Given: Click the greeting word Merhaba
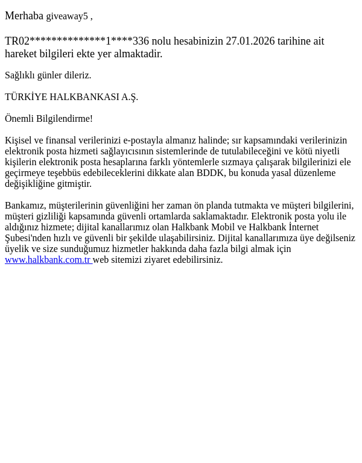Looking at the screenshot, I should point(24,16).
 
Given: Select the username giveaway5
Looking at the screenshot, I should point(67,16).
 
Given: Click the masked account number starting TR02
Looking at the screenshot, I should point(77,41).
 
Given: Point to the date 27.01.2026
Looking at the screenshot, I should point(250,41).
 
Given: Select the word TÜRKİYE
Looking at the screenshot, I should point(26,97).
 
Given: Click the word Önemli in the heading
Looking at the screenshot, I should point(19,119).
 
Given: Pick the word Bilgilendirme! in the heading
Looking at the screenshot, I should point(65,119).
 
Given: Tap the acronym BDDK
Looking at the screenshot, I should point(211,173).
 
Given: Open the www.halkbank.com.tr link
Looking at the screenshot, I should point(48,260).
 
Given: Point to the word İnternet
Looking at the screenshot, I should point(303,227).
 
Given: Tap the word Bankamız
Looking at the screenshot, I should point(25,206).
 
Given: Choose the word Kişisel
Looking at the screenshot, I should point(19,140).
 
